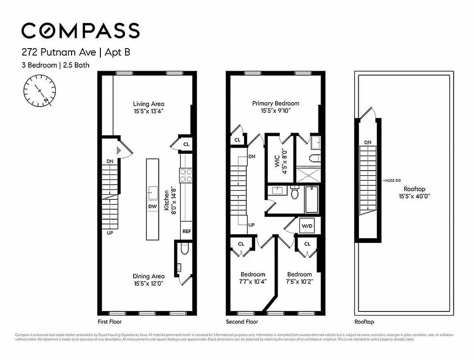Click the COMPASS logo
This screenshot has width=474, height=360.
[81, 31]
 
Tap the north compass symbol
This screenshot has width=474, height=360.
[40, 90]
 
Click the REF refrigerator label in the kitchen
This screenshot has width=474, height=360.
[186, 231]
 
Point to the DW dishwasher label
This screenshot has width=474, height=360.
[152, 207]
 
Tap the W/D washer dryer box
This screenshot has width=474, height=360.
[307, 225]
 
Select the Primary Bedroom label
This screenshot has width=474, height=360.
[275, 103]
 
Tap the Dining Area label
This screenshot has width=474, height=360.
[148, 276]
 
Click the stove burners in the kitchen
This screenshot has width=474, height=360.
[186, 175]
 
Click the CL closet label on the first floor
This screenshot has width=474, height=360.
[186, 144]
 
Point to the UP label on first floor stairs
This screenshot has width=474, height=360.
[110, 233]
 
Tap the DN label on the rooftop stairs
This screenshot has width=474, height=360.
[368, 143]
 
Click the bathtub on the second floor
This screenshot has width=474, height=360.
[312, 199]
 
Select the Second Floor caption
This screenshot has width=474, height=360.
[242, 322]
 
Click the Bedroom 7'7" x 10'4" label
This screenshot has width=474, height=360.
[253, 278]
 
